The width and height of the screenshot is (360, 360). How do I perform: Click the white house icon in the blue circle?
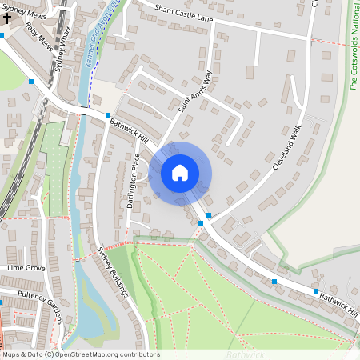coord(180,172)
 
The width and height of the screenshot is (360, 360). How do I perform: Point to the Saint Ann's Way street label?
coord(197,91)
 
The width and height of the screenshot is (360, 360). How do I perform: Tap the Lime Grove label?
coord(25,268)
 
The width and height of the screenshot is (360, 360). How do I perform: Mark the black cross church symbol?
coord(6,16)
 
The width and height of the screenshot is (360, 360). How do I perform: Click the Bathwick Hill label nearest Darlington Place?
coord(130,127)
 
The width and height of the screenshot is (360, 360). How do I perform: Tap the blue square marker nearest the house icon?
coord(209,215)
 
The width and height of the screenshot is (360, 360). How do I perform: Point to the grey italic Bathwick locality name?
coord(245,354)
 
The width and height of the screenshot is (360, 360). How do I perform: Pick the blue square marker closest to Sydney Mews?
coord(2,35)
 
